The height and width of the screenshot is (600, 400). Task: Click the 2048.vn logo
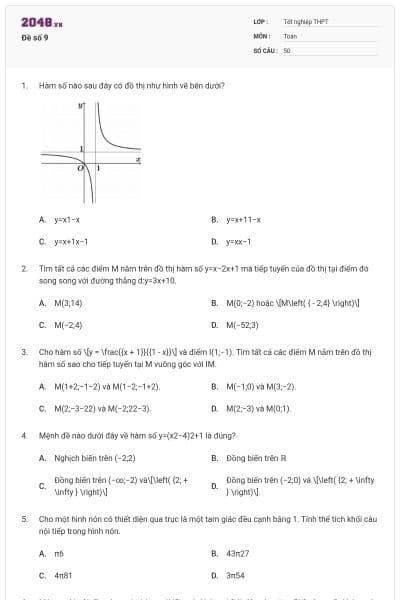tap(42, 22)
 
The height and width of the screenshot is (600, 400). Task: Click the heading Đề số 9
tap(34, 38)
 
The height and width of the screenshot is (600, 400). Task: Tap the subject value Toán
tap(290, 35)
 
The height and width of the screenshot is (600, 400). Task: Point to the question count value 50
tap(287, 49)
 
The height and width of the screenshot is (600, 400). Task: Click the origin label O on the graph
tap(81, 168)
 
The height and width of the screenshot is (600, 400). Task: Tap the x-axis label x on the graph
tap(137, 158)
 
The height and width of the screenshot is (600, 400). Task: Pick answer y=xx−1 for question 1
tap(238, 241)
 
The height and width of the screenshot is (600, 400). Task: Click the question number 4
tap(23, 436)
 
